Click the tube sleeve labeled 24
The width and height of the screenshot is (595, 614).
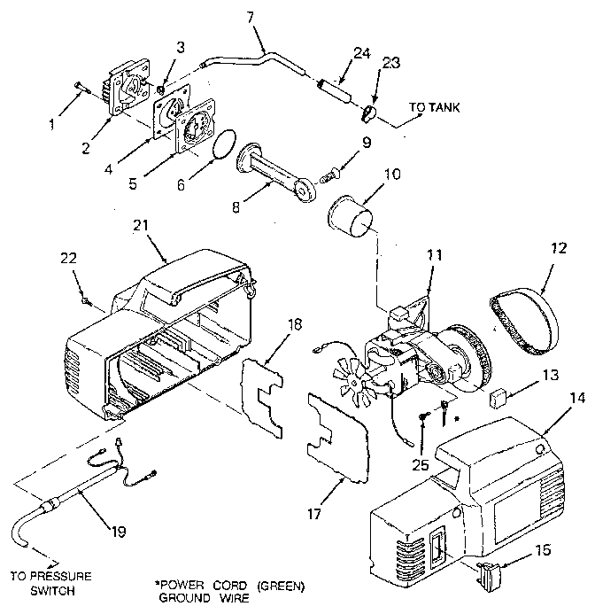point(338,89)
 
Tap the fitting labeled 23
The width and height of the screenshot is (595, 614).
point(370,113)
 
